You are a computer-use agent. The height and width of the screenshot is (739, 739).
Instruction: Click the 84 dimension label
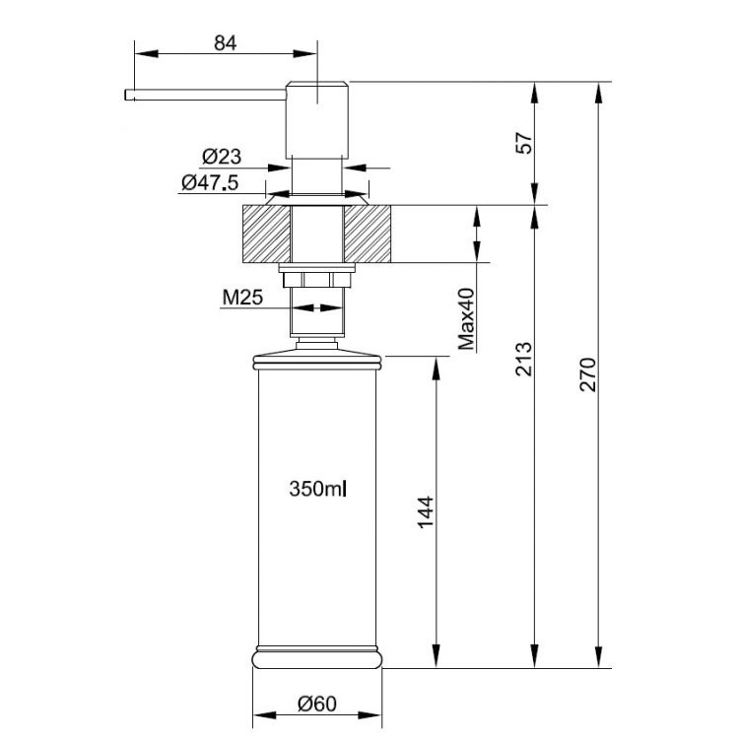click(x=225, y=43)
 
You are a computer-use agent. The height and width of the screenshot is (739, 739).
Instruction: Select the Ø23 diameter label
click(x=222, y=157)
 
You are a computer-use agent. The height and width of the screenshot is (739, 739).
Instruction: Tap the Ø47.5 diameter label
click(x=210, y=182)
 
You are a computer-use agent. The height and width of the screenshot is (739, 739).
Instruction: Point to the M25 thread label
click(x=242, y=298)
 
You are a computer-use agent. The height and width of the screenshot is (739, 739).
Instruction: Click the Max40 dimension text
click(x=467, y=319)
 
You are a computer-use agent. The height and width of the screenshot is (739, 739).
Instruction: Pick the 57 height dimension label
click(x=524, y=143)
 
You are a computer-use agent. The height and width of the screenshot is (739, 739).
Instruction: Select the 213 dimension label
click(x=523, y=359)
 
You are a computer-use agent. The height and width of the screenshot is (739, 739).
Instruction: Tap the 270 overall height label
click(x=587, y=374)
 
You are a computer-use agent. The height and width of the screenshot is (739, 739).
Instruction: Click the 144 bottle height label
click(x=426, y=511)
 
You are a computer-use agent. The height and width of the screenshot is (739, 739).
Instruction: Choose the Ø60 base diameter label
click(x=317, y=705)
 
